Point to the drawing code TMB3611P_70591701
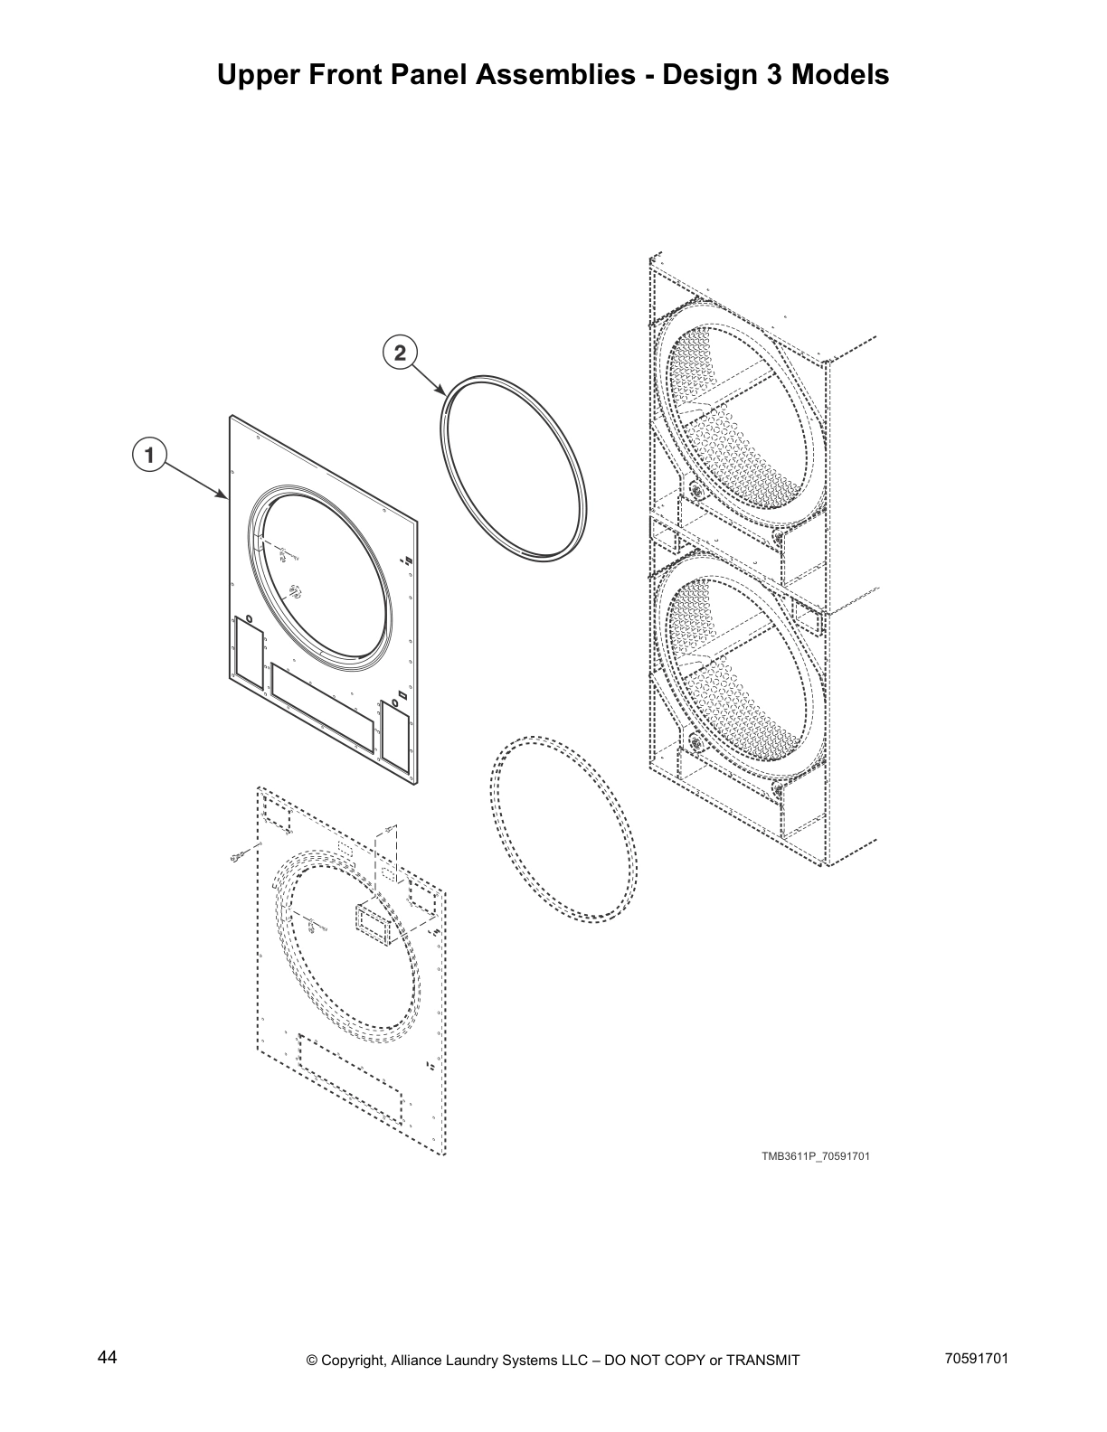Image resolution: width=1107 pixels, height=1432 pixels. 815,1155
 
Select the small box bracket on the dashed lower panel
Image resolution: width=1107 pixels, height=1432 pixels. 372,925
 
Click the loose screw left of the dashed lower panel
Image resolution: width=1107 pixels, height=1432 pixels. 240,855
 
